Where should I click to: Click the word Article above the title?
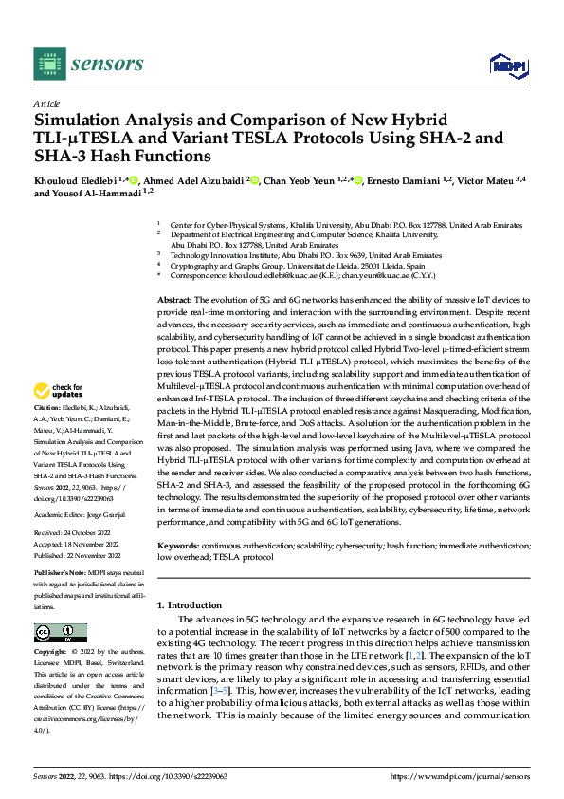[46, 103]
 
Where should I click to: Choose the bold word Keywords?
[178, 547]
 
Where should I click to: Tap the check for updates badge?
[59, 417]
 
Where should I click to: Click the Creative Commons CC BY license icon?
[60, 634]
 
